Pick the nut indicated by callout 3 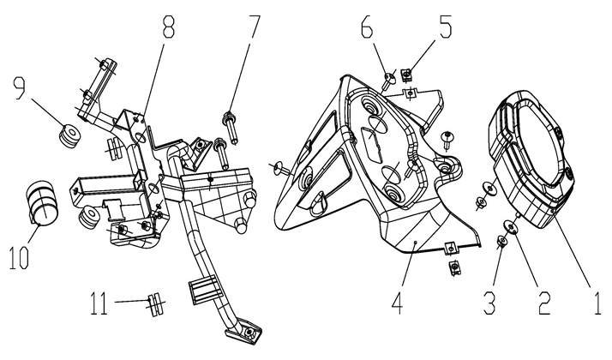click(x=501, y=243)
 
